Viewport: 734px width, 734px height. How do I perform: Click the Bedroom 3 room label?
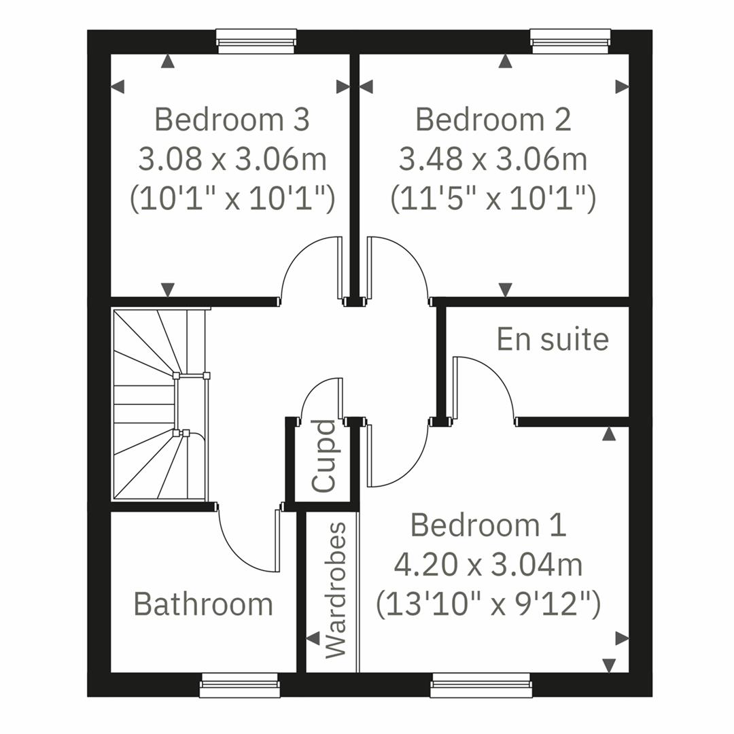pos(232,120)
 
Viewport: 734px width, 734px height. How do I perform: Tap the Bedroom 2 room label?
pos(493,120)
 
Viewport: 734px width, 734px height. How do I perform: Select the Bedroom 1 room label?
pos(488,525)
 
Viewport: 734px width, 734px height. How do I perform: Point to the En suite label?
pos(553,339)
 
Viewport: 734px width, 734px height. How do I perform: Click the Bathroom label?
pos(203,604)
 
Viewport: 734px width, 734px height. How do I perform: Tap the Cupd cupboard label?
pos(324,456)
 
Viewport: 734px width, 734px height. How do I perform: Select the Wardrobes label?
pos(336,590)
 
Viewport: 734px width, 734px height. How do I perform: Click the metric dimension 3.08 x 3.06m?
pos(232,160)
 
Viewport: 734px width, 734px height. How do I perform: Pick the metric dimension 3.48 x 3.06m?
pos(493,160)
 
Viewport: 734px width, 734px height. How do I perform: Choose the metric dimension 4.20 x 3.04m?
pos(488,564)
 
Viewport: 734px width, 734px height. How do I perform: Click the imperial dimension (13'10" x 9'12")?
pos(488,604)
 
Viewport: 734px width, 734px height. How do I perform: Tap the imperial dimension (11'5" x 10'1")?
pos(493,199)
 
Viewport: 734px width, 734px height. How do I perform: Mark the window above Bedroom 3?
pos(256,41)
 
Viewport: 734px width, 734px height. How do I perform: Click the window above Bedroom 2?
pos(570,41)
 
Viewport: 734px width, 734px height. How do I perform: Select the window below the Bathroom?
pos(239,685)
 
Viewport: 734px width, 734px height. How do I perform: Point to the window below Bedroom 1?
pos(480,685)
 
